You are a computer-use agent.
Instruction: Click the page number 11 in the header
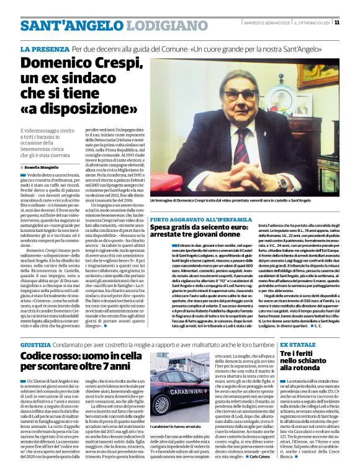[337, 22]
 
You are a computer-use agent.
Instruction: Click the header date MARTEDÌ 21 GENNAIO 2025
[267, 22]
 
